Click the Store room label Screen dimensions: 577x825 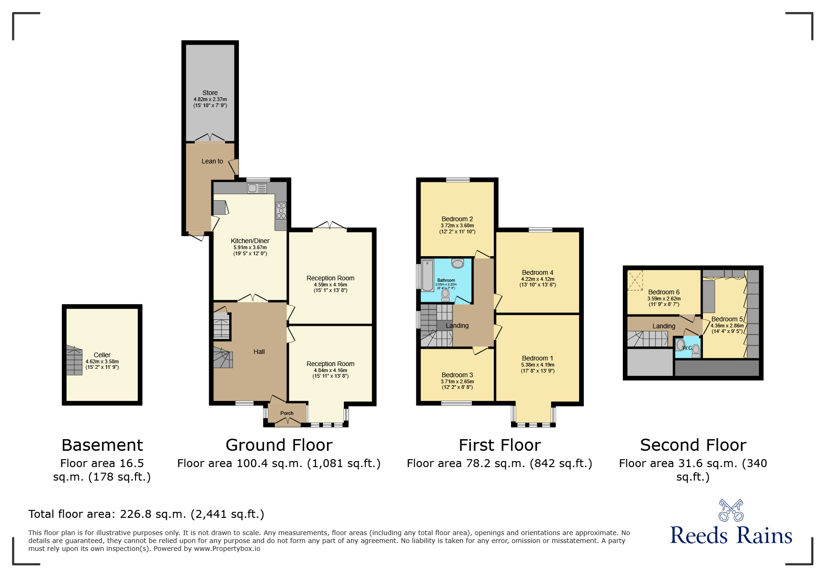coord(210,93)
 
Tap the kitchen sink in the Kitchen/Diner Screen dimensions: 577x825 coord(257,188)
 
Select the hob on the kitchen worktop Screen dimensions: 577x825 coord(281,210)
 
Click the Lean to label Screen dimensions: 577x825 coord(212,161)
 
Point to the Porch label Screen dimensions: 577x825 coord(287,413)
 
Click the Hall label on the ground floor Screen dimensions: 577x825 coord(259,352)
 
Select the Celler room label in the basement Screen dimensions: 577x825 coord(102,355)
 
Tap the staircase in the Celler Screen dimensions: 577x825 coord(74,360)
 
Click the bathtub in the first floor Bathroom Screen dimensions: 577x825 coord(428,275)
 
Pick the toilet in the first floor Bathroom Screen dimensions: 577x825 coord(445,295)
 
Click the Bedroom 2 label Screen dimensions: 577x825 coord(457,219)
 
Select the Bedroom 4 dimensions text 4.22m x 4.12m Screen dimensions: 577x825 coord(538,279)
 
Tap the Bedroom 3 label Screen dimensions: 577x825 coord(457,375)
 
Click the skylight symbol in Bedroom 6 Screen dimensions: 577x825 coord(635,280)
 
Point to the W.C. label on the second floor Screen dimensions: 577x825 coord(687,348)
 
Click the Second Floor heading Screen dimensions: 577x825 coord(693,445)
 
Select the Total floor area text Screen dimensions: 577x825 coord(146,514)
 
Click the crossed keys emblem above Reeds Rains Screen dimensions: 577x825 coord(731,510)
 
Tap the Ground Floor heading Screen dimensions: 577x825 coord(279,445)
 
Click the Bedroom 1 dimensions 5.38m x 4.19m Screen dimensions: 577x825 coord(538,365)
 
